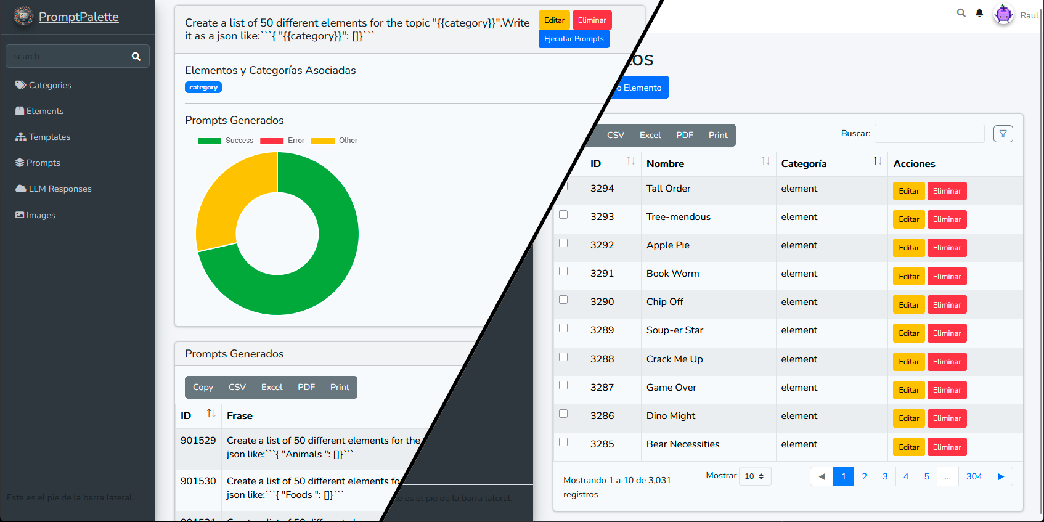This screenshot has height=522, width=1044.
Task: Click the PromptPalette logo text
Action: click(78, 17)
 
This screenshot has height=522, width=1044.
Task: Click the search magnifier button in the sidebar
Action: click(136, 56)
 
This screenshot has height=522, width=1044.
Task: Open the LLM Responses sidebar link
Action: click(60, 189)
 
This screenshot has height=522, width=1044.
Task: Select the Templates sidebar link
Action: click(49, 137)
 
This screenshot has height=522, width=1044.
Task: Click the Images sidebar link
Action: click(41, 215)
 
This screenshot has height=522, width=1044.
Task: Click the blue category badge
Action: click(203, 88)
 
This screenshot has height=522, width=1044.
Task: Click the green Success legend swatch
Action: click(210, 141)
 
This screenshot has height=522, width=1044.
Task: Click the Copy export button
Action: click(203, 387)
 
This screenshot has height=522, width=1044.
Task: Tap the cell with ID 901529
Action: click(198, 440)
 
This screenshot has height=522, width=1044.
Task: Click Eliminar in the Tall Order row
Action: click(947, 191)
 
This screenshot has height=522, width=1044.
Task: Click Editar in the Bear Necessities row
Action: click(908, 447)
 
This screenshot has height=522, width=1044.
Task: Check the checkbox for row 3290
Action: click(563, 300)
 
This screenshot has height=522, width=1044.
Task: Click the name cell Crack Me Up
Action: click(674, 359)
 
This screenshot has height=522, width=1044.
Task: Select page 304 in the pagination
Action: click(974, 476)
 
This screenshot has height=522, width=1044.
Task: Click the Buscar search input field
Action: click(929, 134)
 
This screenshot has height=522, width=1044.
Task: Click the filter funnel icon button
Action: click(1003, 134)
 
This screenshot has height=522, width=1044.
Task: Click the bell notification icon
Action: click(979, 13)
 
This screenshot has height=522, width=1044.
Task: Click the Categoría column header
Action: click(804, 163)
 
